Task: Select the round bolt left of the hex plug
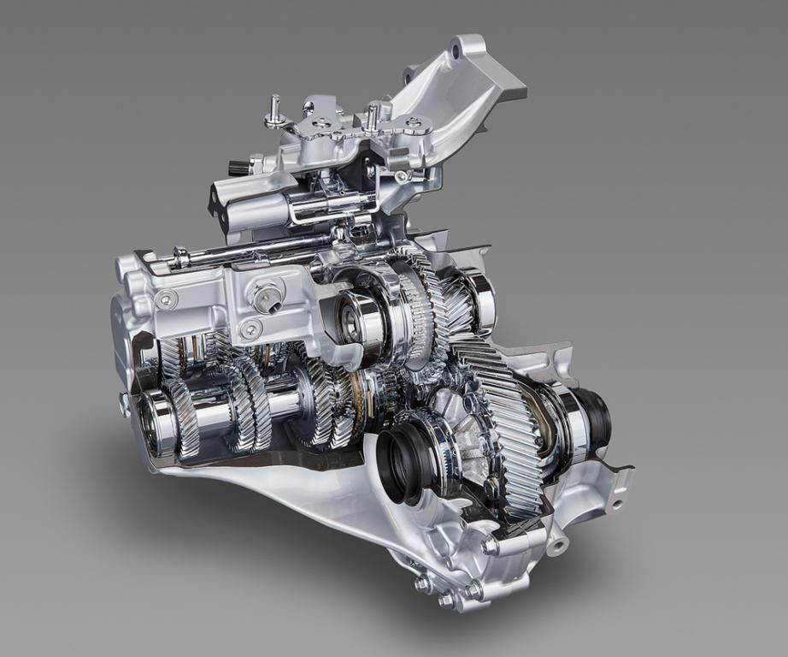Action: [x=167, y=299]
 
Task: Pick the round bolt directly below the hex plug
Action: [x=250, y=329]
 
